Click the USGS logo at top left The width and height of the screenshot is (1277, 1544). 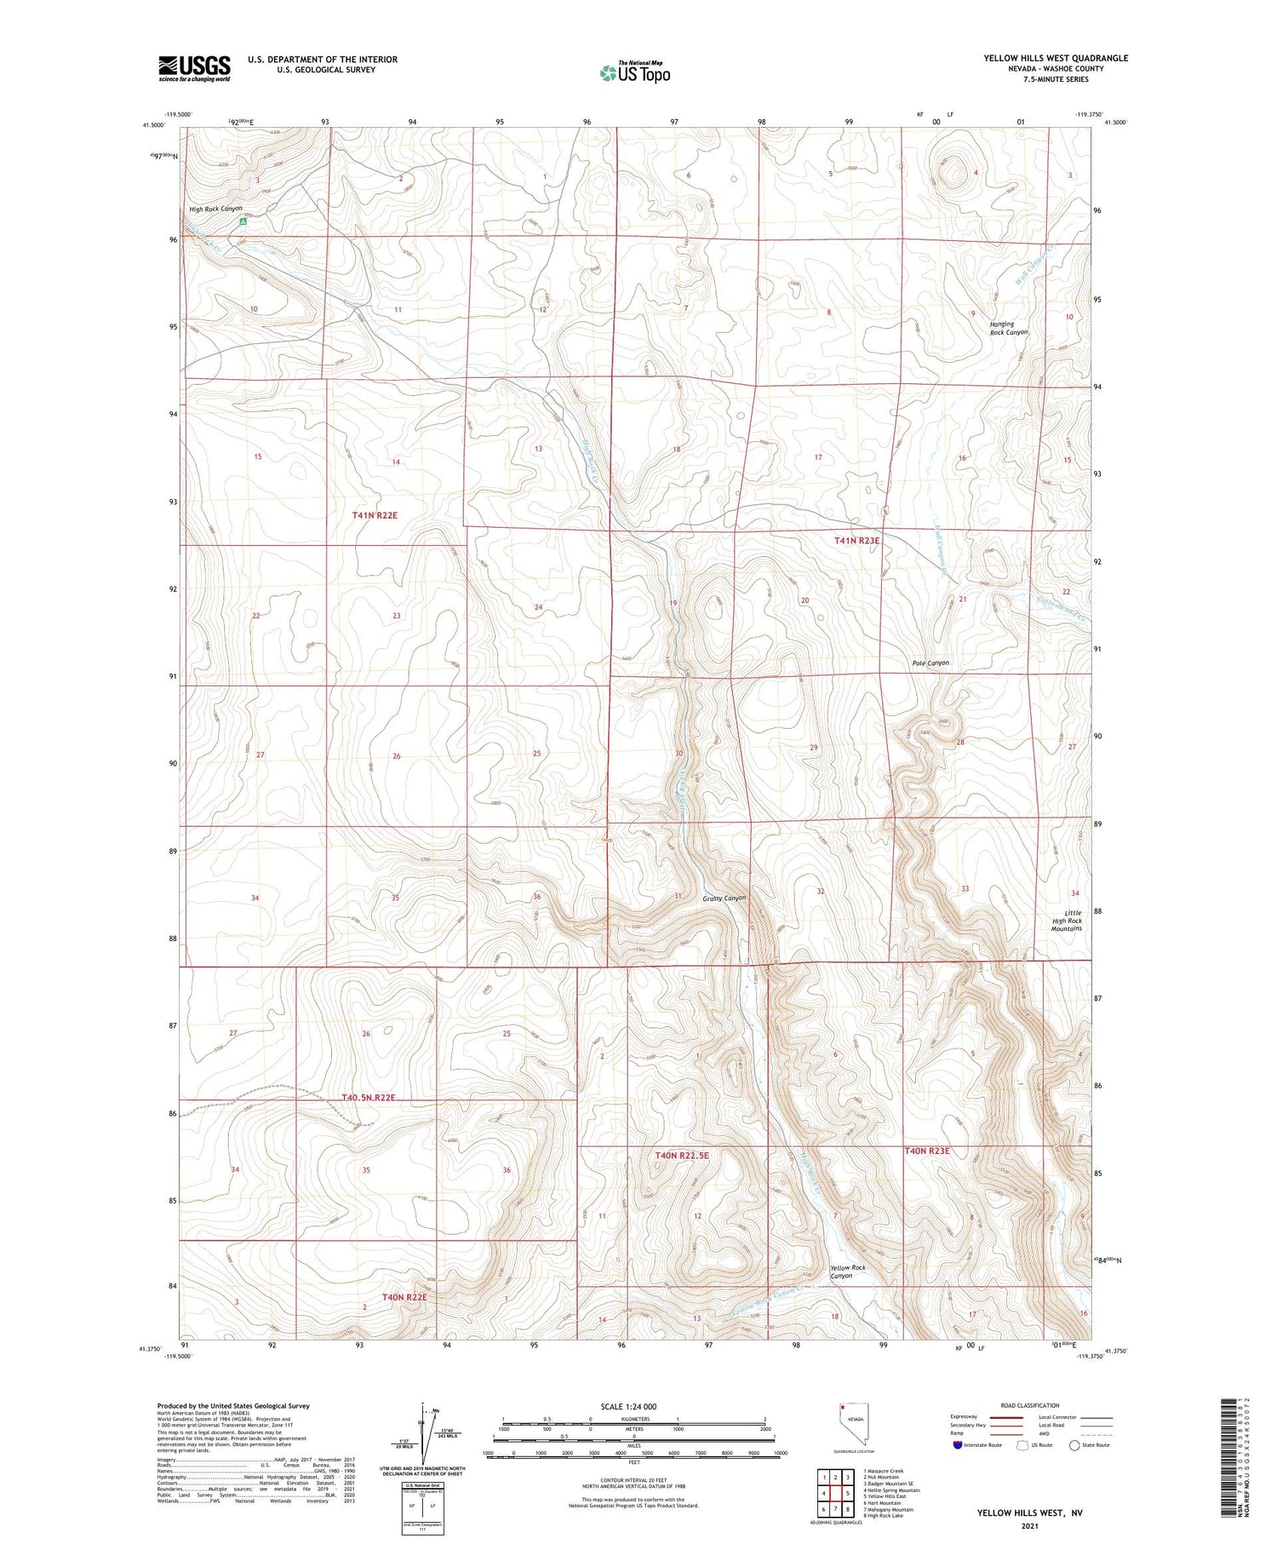coord(194,68)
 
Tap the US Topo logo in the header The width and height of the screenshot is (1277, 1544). coord(634,73)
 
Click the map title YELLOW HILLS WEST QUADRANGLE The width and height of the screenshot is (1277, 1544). coord(1056,58)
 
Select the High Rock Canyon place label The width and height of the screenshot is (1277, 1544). coord(215,209)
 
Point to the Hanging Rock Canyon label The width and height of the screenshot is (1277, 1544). coord(1008,328)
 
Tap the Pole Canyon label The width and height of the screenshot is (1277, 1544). coord(931,663)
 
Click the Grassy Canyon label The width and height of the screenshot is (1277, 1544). coord(724,898)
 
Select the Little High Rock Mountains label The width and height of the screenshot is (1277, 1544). coord(1066,921)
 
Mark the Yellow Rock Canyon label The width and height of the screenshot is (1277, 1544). coord(847,1271)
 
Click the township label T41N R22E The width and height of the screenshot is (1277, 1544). coord(375,515)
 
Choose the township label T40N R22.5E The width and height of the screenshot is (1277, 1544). coord(682,1155)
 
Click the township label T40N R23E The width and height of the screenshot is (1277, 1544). coord(926,1151)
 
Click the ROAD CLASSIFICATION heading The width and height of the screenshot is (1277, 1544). coord(1030,1405)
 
